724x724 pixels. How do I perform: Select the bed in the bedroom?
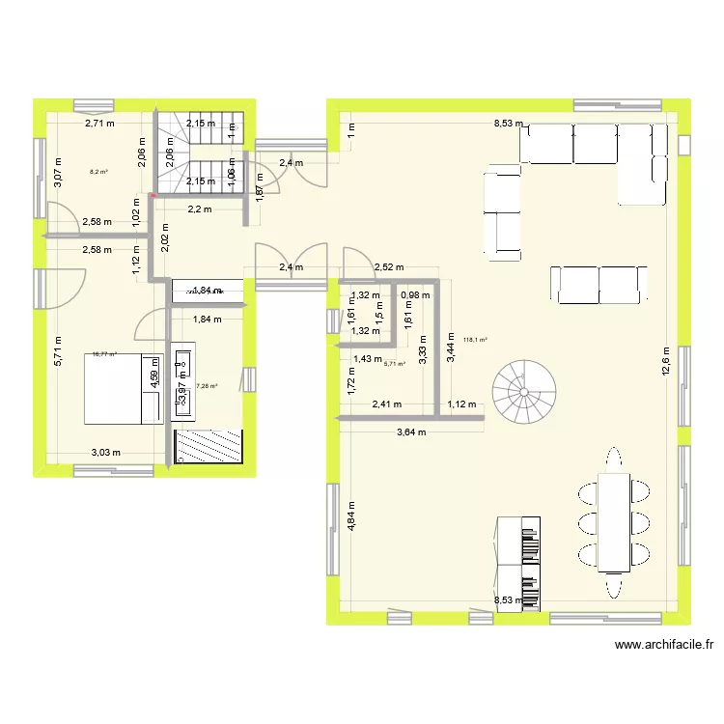click(x=125, y=396)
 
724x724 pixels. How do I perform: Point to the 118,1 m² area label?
click(x=475, y=339)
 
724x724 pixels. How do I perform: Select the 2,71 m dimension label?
click(x=99, y=124)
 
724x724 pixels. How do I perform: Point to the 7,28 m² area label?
click(x=207, y=386)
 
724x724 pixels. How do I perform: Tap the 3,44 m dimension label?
click(x=450, y=346)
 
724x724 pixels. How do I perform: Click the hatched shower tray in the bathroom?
click(x=208, y=447)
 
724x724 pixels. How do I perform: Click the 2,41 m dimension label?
click(x=387, y=405)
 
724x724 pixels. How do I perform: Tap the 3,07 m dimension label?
click(x=58, y=178)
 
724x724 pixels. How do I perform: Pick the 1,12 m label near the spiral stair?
click(x=463, y=405)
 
